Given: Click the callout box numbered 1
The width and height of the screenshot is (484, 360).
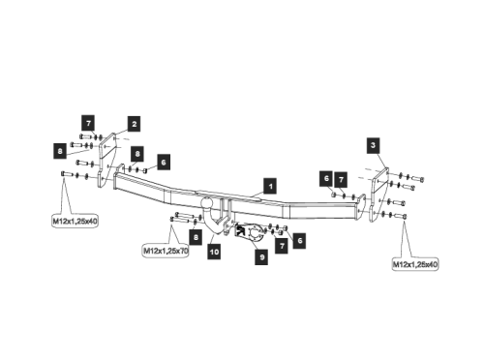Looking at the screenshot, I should pos(271,184).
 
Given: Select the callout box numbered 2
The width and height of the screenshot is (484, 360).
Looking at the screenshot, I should pos(133,124).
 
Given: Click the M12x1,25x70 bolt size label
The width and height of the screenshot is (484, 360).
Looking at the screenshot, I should pos(165,251).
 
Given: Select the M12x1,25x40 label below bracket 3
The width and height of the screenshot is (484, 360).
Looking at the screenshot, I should pos(414,263).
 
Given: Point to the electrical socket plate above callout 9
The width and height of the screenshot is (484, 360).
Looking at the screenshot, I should pos(254,233).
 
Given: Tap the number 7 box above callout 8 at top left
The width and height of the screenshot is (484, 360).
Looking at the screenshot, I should pos(88,123).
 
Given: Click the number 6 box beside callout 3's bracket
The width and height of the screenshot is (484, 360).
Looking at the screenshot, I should pos(327,179).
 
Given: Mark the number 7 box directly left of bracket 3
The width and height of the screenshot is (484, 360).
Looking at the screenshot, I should pos(342,179).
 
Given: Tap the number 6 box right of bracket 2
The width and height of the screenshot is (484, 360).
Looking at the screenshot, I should pos(163,162).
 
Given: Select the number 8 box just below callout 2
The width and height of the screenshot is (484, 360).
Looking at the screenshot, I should pos(137,154).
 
